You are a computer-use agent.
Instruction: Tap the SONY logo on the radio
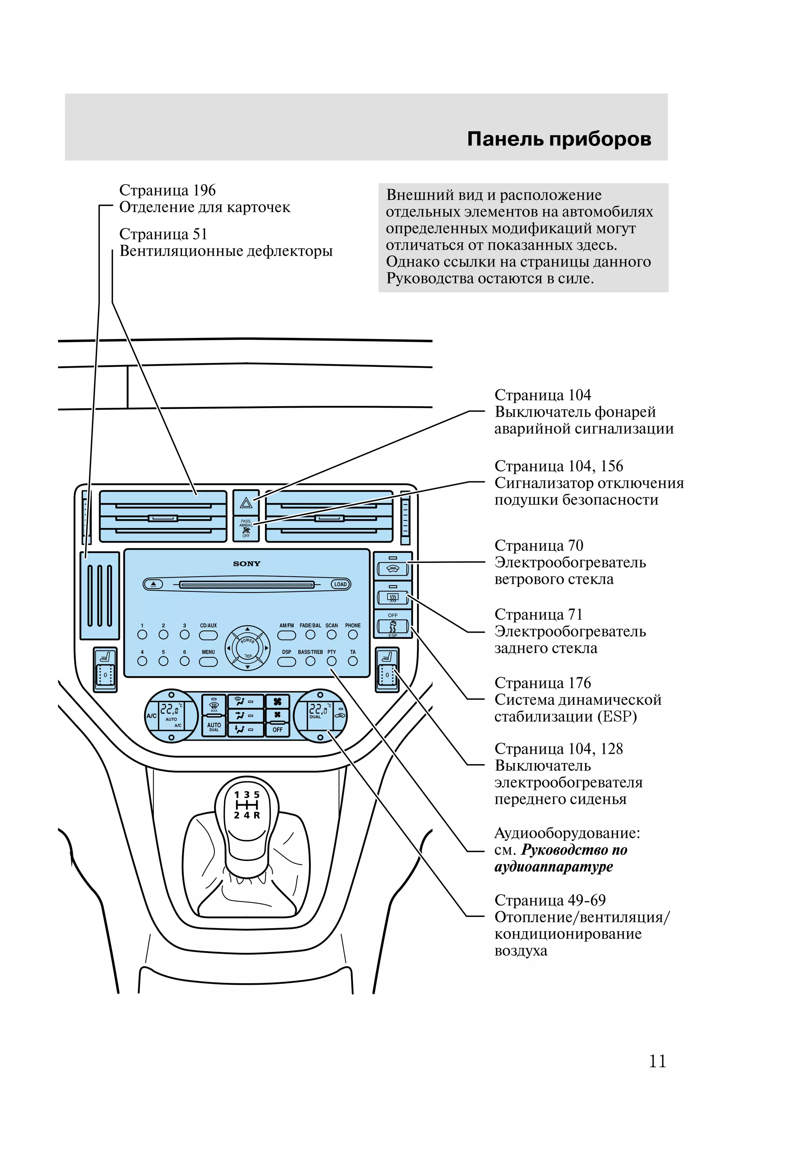click(x=247, y=564)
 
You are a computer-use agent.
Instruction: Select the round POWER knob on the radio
click(x=247, y=648)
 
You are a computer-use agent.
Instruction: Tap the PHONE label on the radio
click(x=353, y=625)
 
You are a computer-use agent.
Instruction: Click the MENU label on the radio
click(x=208, y=652)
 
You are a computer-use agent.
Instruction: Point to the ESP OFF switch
click(x=393, y=625)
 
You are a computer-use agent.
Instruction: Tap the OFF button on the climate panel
click(x=278, y=729)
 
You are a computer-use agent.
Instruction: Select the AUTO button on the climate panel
click(x=214, y=726)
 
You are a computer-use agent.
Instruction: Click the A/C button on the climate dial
click(x=151, y=716)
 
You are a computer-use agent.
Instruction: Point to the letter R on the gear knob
click(x=257, y=815)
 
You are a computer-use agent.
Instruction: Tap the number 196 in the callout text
click(x=204, y=190)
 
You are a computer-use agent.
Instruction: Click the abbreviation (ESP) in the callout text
click(x=618, y=717)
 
